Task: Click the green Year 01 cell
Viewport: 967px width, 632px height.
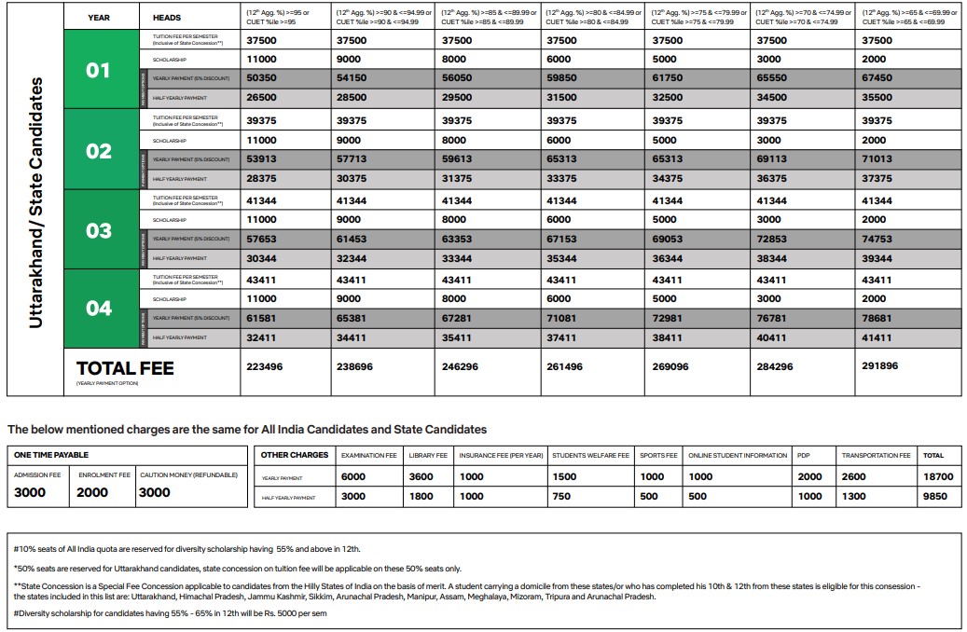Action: (98, 70)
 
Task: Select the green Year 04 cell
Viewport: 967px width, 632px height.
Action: (98, 309)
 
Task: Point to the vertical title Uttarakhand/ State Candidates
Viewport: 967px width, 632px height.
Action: (36, 201)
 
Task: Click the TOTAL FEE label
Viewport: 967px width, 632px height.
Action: (125, 368)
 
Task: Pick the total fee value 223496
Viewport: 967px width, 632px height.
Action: (264, 366)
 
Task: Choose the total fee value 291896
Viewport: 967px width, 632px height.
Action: (880, 366)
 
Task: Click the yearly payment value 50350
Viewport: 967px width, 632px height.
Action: (261, 78)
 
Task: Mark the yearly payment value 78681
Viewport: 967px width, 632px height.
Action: (877, 318)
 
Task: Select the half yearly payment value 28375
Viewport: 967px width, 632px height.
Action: (261, 178)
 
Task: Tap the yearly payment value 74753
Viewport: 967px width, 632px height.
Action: (877, 239)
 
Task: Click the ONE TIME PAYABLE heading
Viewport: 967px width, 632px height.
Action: (51, 455)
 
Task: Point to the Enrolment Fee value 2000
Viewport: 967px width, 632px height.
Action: (92, 492)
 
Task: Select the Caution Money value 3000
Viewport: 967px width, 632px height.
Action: (155, 492)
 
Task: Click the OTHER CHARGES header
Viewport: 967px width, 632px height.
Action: (295, 455)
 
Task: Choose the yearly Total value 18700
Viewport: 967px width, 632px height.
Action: (938, 476)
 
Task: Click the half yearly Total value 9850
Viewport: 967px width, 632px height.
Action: (935, 497)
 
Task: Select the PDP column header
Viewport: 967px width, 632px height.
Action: (804, 455)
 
